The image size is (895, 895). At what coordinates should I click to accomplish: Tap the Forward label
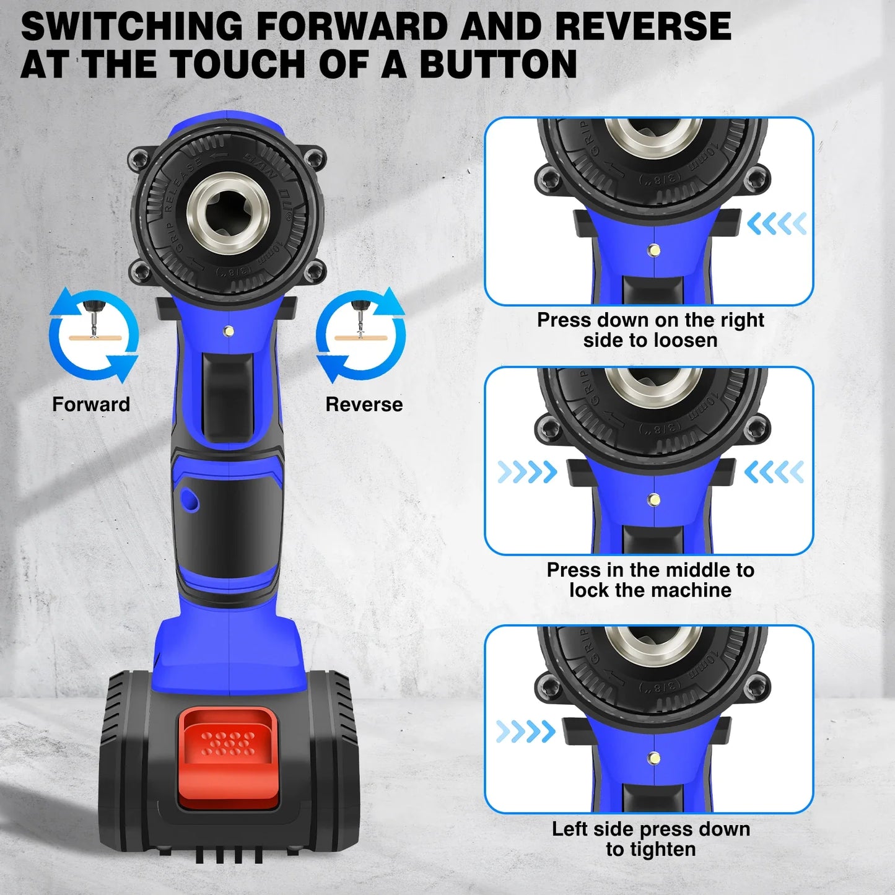(91, 404)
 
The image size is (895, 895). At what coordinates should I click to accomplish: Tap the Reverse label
(364, 404)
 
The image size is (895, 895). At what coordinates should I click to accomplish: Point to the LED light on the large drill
(229, 331)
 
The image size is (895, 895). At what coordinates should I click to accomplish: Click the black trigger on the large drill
(227, 396)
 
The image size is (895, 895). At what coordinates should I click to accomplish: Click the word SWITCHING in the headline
(131, 26)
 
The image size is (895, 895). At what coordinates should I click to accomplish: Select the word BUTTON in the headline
(499, 64)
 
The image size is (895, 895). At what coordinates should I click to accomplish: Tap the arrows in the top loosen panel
(777, 224)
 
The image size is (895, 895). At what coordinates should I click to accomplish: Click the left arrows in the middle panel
(527, 473)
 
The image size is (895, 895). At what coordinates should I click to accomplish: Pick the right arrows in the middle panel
(774, 473)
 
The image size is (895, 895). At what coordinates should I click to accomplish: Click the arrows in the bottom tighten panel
(525, 731)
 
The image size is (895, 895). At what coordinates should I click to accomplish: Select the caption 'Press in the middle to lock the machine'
(650, 580)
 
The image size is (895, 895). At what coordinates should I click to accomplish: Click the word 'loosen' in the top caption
(681, 340)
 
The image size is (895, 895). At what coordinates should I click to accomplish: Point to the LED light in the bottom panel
(653, 757)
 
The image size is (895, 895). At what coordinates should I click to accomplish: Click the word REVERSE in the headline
(642, 26)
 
